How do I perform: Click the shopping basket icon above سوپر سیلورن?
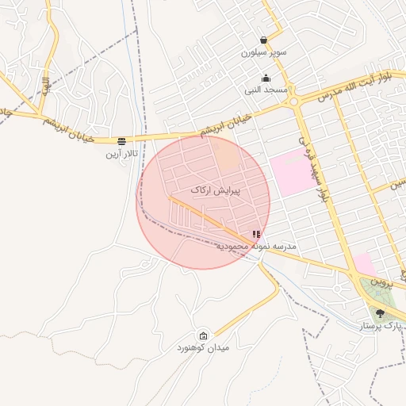click(263, 40)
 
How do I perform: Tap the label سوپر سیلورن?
click(263, 52)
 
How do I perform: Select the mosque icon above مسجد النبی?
click(266, 78)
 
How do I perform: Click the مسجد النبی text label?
click(266, 90)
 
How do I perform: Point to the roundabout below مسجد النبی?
click(294, 101)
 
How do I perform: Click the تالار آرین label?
click(123, 151)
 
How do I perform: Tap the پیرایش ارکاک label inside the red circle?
click(215, 191)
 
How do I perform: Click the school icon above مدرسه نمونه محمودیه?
click(255, 235)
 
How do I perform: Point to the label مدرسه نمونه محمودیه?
click(256, 247)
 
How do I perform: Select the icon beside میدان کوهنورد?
click(204, 335)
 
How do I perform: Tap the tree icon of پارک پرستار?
click(380, 313)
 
